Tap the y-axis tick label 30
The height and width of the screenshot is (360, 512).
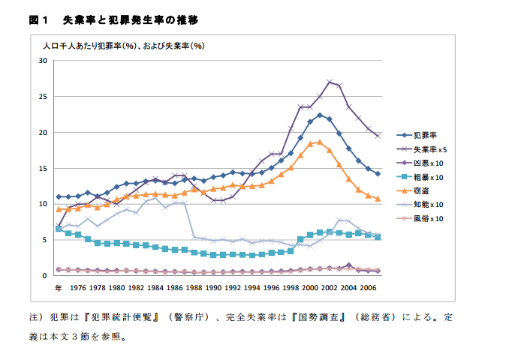(43, 61)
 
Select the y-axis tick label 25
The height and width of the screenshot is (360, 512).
(43, 97)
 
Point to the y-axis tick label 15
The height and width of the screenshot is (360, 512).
(43, 168)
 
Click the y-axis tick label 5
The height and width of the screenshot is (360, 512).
(45, 240)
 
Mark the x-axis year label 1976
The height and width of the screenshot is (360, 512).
(78, 287)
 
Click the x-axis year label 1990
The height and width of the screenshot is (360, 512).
(212, 287)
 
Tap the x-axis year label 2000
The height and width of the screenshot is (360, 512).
(309, 287)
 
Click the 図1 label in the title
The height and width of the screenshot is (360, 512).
(38, 19)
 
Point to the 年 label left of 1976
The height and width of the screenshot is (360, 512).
(58, 287)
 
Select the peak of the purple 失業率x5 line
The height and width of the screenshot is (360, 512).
(330, 81)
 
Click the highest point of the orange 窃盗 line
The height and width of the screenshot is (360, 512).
(320, 141)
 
